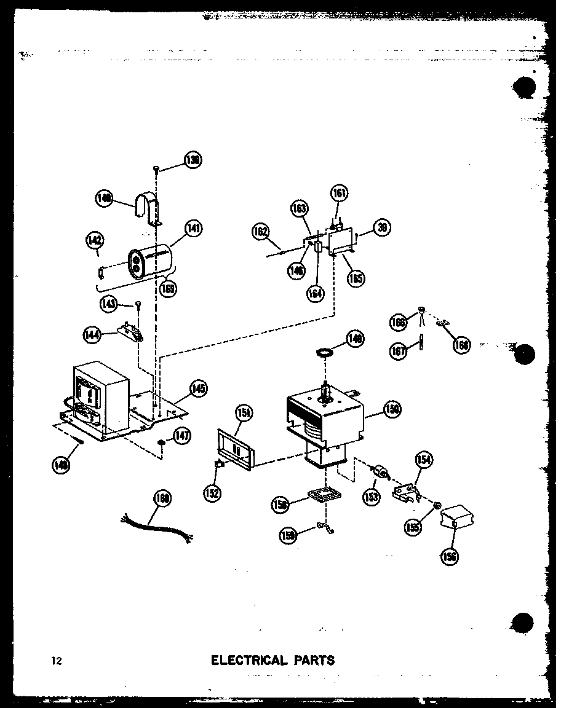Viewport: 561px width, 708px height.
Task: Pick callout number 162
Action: point(261,232)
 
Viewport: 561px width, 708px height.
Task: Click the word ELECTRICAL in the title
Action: point(249,661)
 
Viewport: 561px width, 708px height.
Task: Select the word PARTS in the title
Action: point(314,661)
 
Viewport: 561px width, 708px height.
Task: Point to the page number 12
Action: point(57,661)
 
